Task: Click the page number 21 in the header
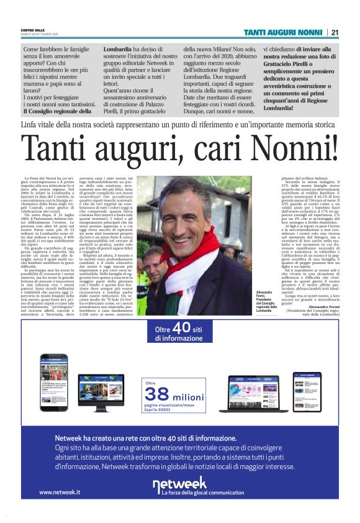pyautogui.click(x=335, y=32)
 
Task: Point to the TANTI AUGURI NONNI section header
pyautogui.click(x=282, y=32)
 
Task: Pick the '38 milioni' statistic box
pyautogui.click(x=174, y=395)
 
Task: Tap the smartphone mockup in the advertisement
pyautogui.click(x=53, y=382)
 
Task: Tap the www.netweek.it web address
pyautogui.click(x=60, y=492)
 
